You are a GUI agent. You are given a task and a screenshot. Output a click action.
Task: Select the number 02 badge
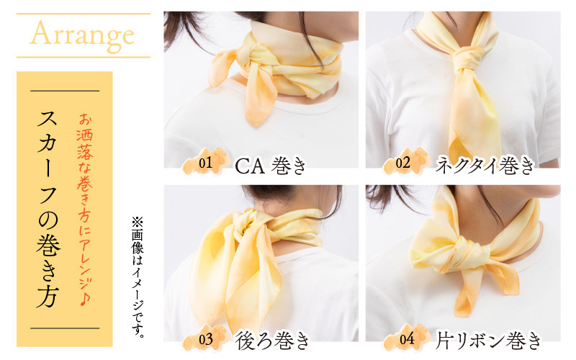tap(406, 163)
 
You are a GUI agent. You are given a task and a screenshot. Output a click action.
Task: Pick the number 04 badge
tap(406, 338)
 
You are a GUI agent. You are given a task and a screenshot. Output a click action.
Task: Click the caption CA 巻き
tap(270, 166)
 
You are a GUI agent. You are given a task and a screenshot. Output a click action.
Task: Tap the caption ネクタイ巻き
tap(485, 166)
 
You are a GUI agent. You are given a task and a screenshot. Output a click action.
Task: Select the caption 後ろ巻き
tap(272, 341)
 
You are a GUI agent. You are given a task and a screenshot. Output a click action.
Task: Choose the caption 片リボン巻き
tap(489, 341)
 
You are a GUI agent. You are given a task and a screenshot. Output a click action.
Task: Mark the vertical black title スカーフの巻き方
tap(48, 209)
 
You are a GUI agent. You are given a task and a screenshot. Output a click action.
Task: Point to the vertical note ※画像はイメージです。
tap(138, 276)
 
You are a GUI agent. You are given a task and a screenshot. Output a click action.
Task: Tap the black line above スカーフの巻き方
tap(65, 91)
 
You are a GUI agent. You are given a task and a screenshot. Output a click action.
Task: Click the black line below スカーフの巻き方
tap(65, 328)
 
